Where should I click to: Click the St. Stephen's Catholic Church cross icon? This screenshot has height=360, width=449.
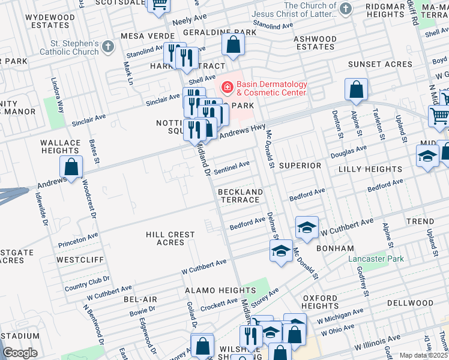point(108,47)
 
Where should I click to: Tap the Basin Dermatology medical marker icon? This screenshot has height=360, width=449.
point(228,88)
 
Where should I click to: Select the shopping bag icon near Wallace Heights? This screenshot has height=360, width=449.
point(71,168)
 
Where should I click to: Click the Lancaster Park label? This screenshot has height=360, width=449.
point(376,259)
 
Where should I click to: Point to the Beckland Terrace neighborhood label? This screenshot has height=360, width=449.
point(240,196)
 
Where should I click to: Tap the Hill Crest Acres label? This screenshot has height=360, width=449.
point(170,238)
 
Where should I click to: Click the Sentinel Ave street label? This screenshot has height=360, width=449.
point(232,166)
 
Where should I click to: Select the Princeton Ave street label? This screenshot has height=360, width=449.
point(78,241)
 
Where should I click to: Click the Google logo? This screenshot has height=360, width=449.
point(20,352)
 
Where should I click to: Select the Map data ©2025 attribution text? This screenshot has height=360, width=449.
point(423,355)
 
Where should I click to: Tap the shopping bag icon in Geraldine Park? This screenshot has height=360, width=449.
point(233,44)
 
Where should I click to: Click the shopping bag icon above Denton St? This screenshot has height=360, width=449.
point(356,90)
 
